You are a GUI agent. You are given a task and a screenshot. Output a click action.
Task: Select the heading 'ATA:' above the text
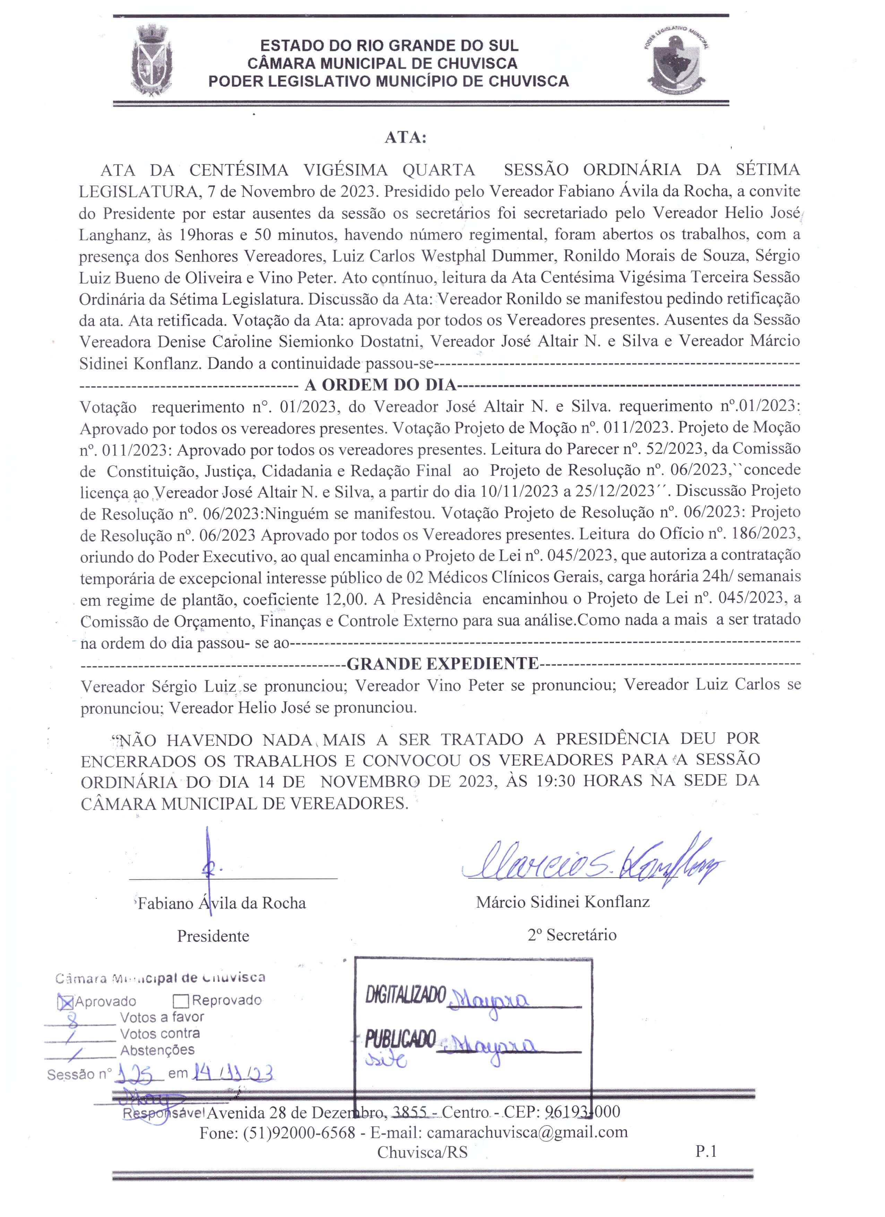click(x=405, y=138)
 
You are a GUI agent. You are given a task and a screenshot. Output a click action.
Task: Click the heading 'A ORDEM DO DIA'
click(x=380, y=385)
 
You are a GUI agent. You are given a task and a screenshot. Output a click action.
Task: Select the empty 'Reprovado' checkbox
click(x=181, y=1001)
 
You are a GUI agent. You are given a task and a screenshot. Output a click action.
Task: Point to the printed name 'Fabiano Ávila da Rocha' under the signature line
click(x=221, y=904)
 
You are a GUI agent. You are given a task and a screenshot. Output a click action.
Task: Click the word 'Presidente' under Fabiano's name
click(x=213, y=937)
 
